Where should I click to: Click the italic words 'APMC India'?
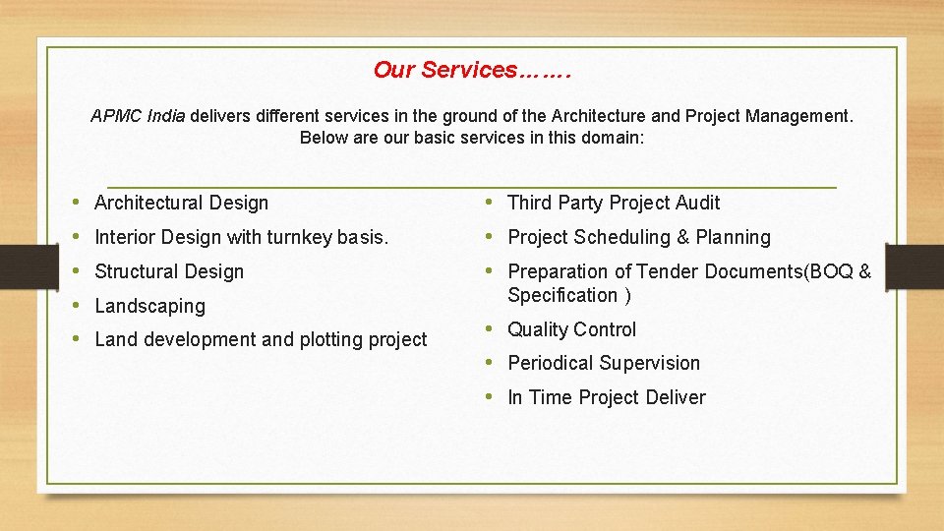pos(138,116)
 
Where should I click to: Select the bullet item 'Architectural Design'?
pos(181,204)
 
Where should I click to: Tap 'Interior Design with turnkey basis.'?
pos(241,238)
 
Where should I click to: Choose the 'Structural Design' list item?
pos(168,272)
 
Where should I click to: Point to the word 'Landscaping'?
pos(149,307)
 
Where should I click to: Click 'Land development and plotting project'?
pos(261,340)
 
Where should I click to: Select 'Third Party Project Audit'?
pos(614,204)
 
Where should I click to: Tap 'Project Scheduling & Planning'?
pos(638,238)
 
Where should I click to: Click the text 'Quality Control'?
pos(571,330)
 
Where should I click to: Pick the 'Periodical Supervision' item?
pos(603,364)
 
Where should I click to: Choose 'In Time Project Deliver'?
pos(606,398)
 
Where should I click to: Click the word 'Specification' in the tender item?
pos(562,296)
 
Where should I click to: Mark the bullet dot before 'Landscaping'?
pos(77,306)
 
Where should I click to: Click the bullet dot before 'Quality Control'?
pos(490,329)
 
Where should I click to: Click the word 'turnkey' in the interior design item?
pos(299,238)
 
